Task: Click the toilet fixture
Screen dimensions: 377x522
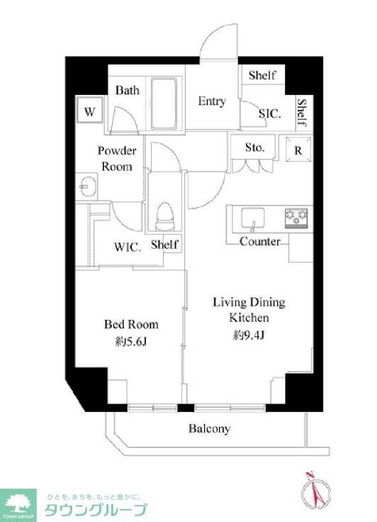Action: tap(165, 216)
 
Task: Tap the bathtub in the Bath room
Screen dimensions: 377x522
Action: tap(164, 104)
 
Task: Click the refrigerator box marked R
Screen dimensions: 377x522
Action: tap(298, 149)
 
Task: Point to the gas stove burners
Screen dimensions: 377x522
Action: tap(296, 218)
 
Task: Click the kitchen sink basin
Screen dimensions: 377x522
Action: tap(253, 218)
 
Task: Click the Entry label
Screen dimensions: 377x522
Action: tap(212, 101)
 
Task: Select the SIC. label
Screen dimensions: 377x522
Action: tap(270, 114)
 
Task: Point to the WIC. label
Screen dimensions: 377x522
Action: tap(128, 247)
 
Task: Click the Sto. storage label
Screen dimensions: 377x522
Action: tap(255, 147)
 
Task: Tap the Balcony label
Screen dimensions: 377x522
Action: tap(209, 429)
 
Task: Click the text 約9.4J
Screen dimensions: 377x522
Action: tap(249, 335)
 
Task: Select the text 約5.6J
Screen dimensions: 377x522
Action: tap(131, 342)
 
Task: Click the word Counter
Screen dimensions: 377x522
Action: tap(260, 241)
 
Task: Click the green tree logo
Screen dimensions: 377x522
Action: tap(18, 504)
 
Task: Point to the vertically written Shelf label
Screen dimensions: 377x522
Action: tap(301, 112)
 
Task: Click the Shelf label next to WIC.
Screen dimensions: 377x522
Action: tap(164, 245)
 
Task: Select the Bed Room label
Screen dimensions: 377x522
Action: tap(131, 324)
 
